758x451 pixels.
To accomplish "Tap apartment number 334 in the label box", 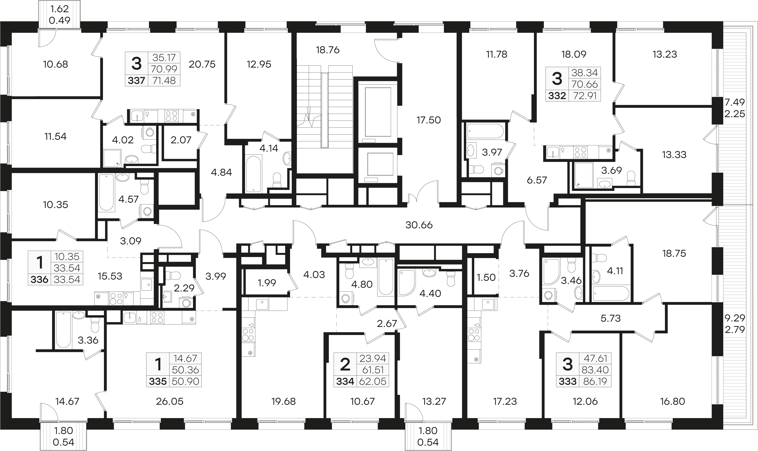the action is pyautogui.click(x=345, y=381).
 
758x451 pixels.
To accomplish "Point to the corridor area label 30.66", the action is pyautogui.click(x=419, y=225).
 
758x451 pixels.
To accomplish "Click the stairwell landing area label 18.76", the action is pyautogui.click(x=328, y=50).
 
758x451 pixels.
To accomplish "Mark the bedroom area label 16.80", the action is pyautogui.click(x=673, y=401).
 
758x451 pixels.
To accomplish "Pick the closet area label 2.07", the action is pyautogui.click(x=181, y=140).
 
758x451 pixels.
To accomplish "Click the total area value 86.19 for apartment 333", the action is pyautogui.click(x=595, y=381).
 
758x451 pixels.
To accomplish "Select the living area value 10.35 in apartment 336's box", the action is pyautogui.click(x=67, y=257).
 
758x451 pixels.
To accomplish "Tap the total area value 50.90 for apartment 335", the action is pyautogui.click(x=185, y=381).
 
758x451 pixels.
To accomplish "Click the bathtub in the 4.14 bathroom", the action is pyautogui.click(x=253, y=173).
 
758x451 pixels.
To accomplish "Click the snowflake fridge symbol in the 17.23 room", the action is pyautogui.click(x=476, y=360).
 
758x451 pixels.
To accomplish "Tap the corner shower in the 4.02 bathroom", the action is pyautogui.click(x=113, y=158).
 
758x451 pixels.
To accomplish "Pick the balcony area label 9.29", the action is pyautogui.click(x=735, y=318).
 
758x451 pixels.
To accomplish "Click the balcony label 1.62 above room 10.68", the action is pyautogui.click(x=59, y=8).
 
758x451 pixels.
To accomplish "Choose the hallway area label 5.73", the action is pyautogui.click(x=611, y=318).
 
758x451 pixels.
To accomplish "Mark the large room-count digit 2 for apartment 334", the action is pyautogui.click(x=345, y=364).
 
